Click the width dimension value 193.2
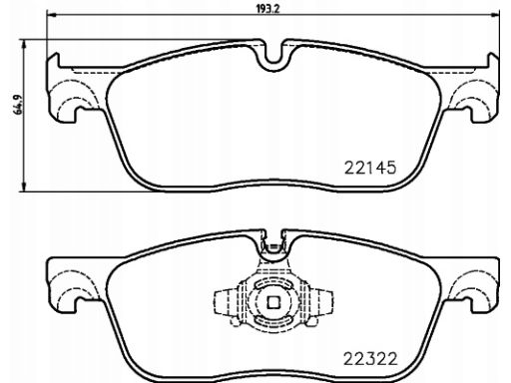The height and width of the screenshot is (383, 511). coord(267,9)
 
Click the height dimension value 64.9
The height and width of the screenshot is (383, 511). coord(18,105)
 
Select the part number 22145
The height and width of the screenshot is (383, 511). coord(370,168)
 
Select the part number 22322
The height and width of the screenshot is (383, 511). coord(370,359)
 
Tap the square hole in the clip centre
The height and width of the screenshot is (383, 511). coord(273,302)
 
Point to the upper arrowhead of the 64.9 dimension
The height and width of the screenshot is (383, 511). coord(23,44)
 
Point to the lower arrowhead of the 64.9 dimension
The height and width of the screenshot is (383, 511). coord(23,187)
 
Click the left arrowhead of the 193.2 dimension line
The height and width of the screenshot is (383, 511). coord(51,14)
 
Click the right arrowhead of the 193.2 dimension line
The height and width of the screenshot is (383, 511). coord(494,14)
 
